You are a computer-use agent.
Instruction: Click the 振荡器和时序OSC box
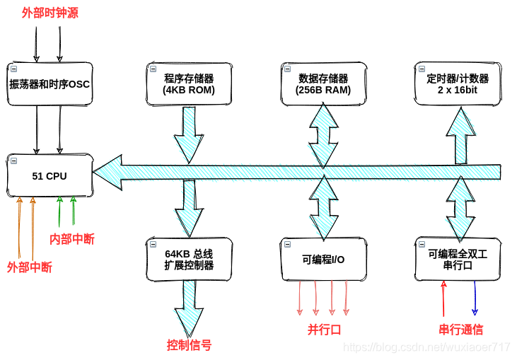point(49,83)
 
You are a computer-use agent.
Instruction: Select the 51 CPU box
point(49,175)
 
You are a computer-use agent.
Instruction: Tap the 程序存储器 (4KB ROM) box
point(188,83)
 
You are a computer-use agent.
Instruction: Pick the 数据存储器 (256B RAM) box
point(323,83)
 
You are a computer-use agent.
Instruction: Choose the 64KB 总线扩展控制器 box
point(188,259)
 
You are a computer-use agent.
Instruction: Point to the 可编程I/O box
point(323,259)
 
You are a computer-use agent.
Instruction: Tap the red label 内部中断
point(71,239)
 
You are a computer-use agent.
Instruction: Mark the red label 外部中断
point(29,267)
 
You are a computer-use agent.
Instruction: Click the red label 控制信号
point(189,345)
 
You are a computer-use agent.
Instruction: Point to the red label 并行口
point(324,329)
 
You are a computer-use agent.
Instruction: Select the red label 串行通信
point(460,329)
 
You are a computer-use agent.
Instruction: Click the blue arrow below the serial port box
point(475,297)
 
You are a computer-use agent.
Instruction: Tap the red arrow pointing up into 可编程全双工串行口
point(443,297)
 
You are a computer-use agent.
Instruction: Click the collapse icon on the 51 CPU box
point(13,159)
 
